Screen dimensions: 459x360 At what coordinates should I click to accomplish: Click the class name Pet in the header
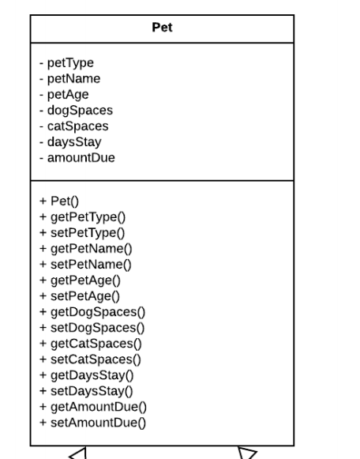coord(162,28)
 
